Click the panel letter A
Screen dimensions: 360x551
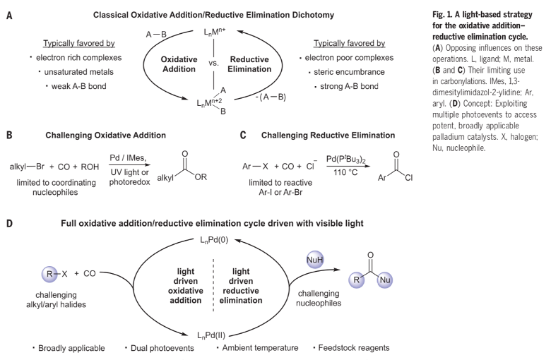click(x=10, y=13)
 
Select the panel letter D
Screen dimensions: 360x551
click(x=10, y=224)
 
